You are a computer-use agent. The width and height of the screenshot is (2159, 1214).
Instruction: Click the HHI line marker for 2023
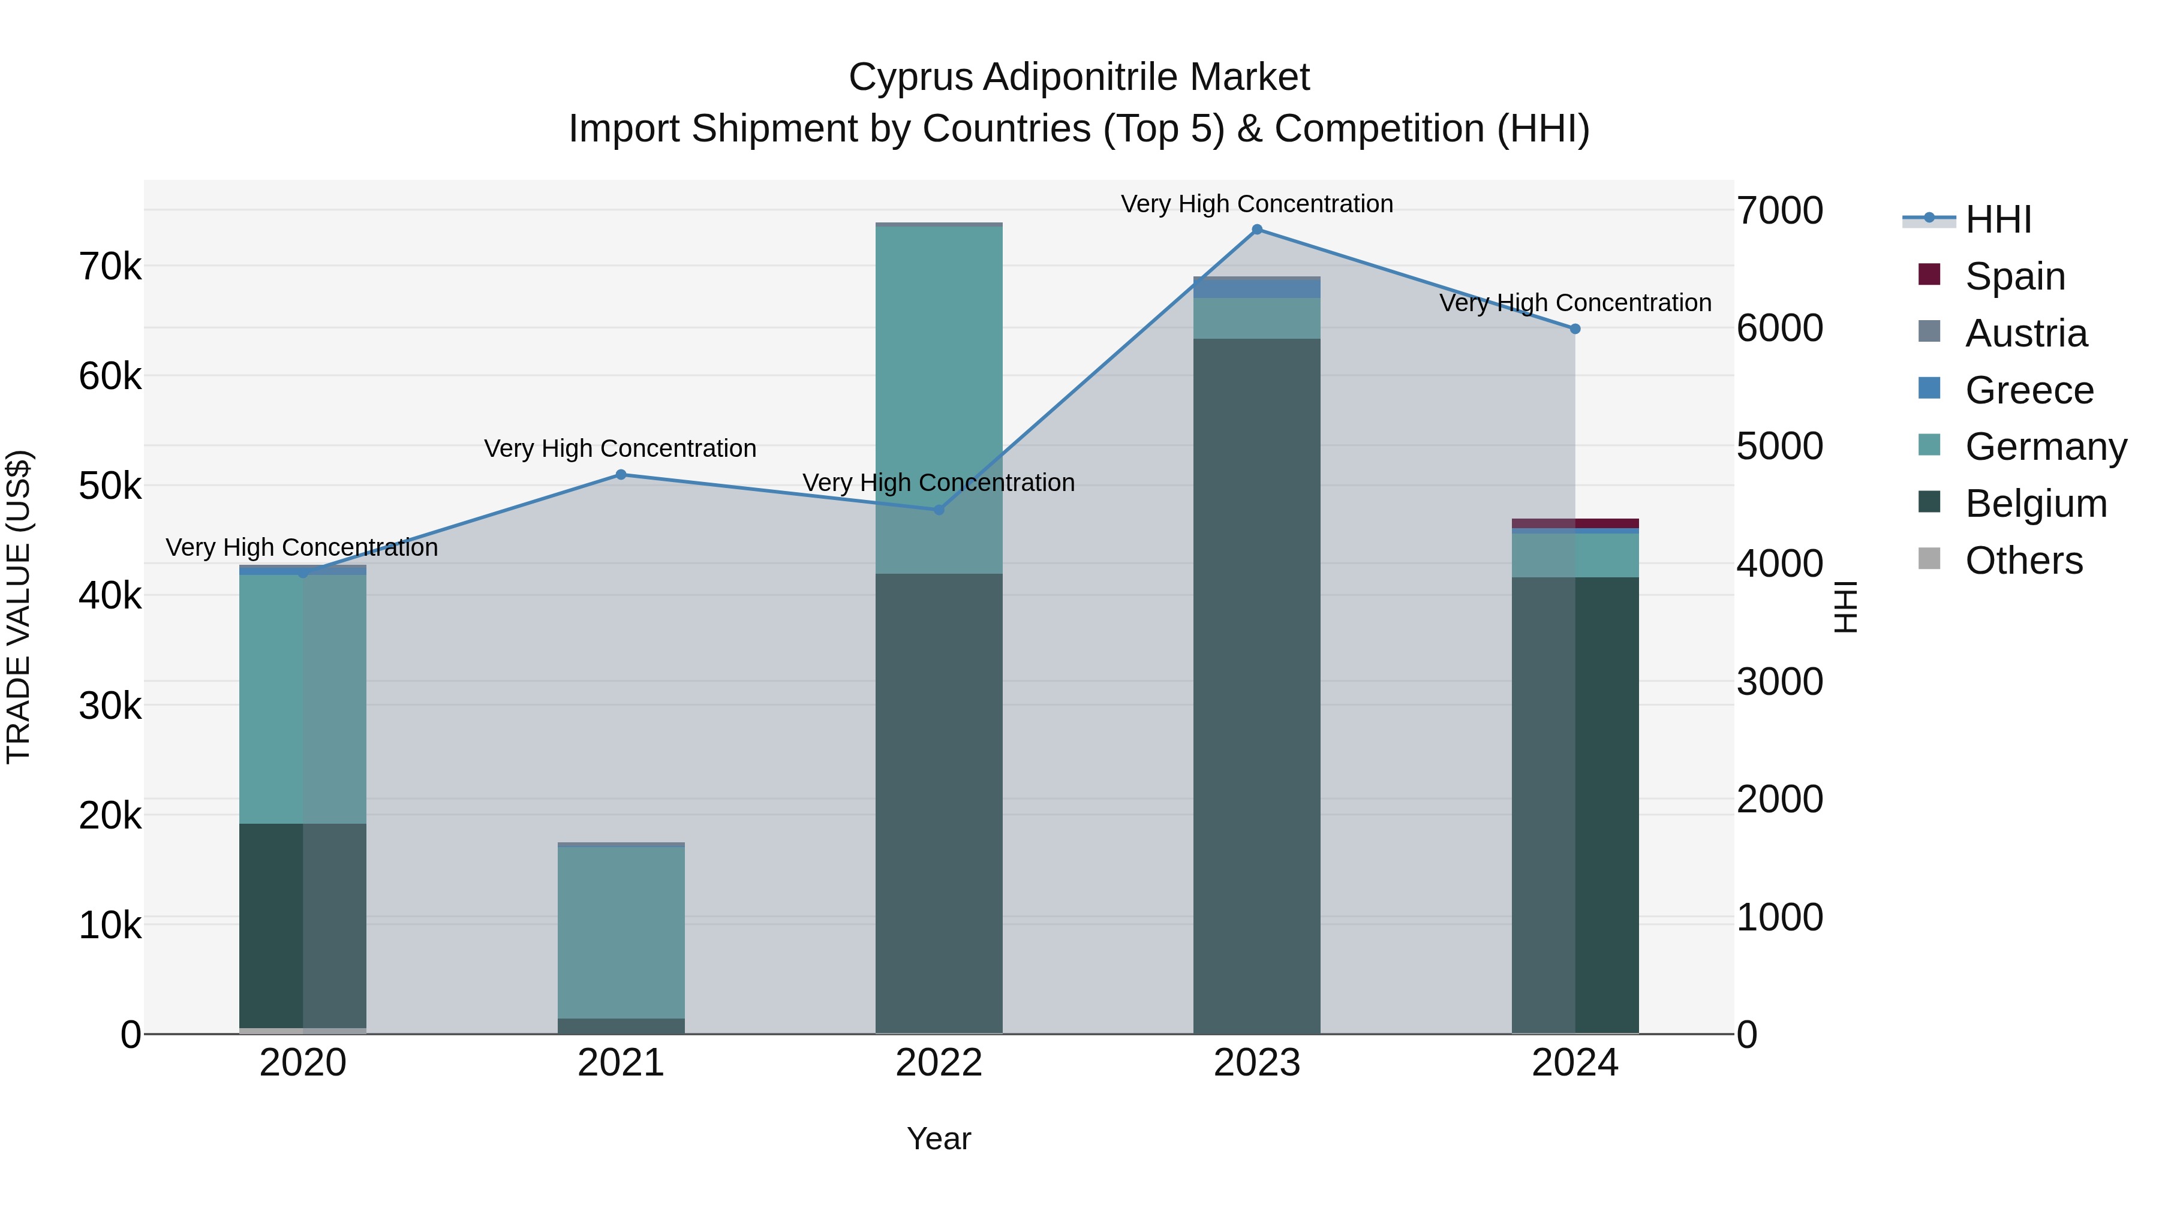1256,230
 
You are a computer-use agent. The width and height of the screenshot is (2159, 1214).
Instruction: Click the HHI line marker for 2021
621,474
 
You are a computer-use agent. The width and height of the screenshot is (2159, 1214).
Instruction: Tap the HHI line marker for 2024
1575,329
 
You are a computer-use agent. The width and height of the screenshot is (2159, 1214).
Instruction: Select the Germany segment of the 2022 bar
939,400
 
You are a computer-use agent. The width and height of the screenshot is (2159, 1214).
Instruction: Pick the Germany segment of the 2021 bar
621,932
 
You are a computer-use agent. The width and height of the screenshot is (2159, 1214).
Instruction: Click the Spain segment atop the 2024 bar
1575,523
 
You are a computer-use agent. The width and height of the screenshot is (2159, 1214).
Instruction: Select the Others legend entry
2023,561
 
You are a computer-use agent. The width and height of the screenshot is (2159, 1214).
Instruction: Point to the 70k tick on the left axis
110,267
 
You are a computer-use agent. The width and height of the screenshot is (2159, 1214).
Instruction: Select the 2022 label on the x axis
939,1063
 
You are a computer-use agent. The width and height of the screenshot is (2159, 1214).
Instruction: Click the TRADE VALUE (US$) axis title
19,607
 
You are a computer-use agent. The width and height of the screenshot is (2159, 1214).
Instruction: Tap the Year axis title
939,1138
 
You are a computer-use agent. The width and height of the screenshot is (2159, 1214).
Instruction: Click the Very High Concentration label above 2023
1256,204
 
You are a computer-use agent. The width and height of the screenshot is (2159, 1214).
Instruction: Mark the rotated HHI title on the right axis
1845,607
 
